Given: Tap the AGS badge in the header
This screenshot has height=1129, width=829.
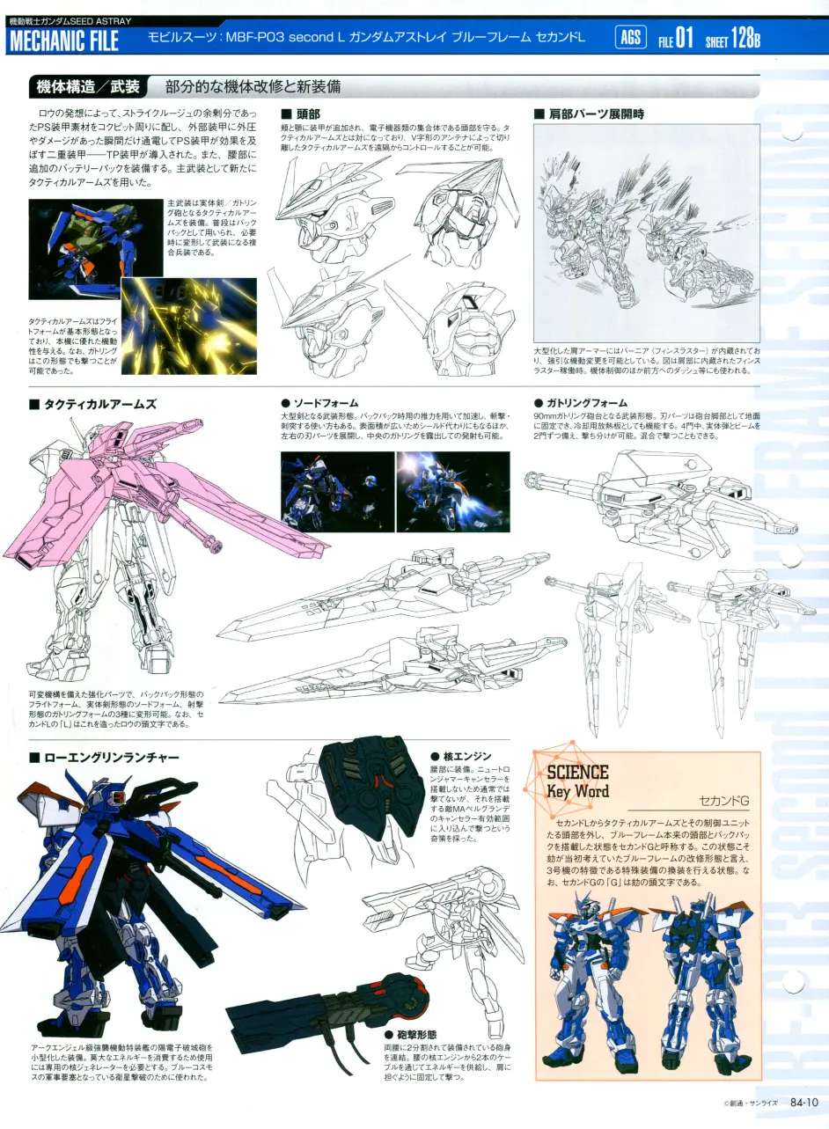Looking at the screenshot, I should pyautogui.click(x=629, y=37).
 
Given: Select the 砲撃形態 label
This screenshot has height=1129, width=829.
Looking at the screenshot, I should pyautogui.click(x=410, y=1034).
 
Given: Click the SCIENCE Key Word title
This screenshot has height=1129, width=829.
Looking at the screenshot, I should pyautogui.click(x=577, y=781).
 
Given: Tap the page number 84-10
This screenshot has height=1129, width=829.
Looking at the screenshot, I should pyautogui.click(x=803, y=1101).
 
